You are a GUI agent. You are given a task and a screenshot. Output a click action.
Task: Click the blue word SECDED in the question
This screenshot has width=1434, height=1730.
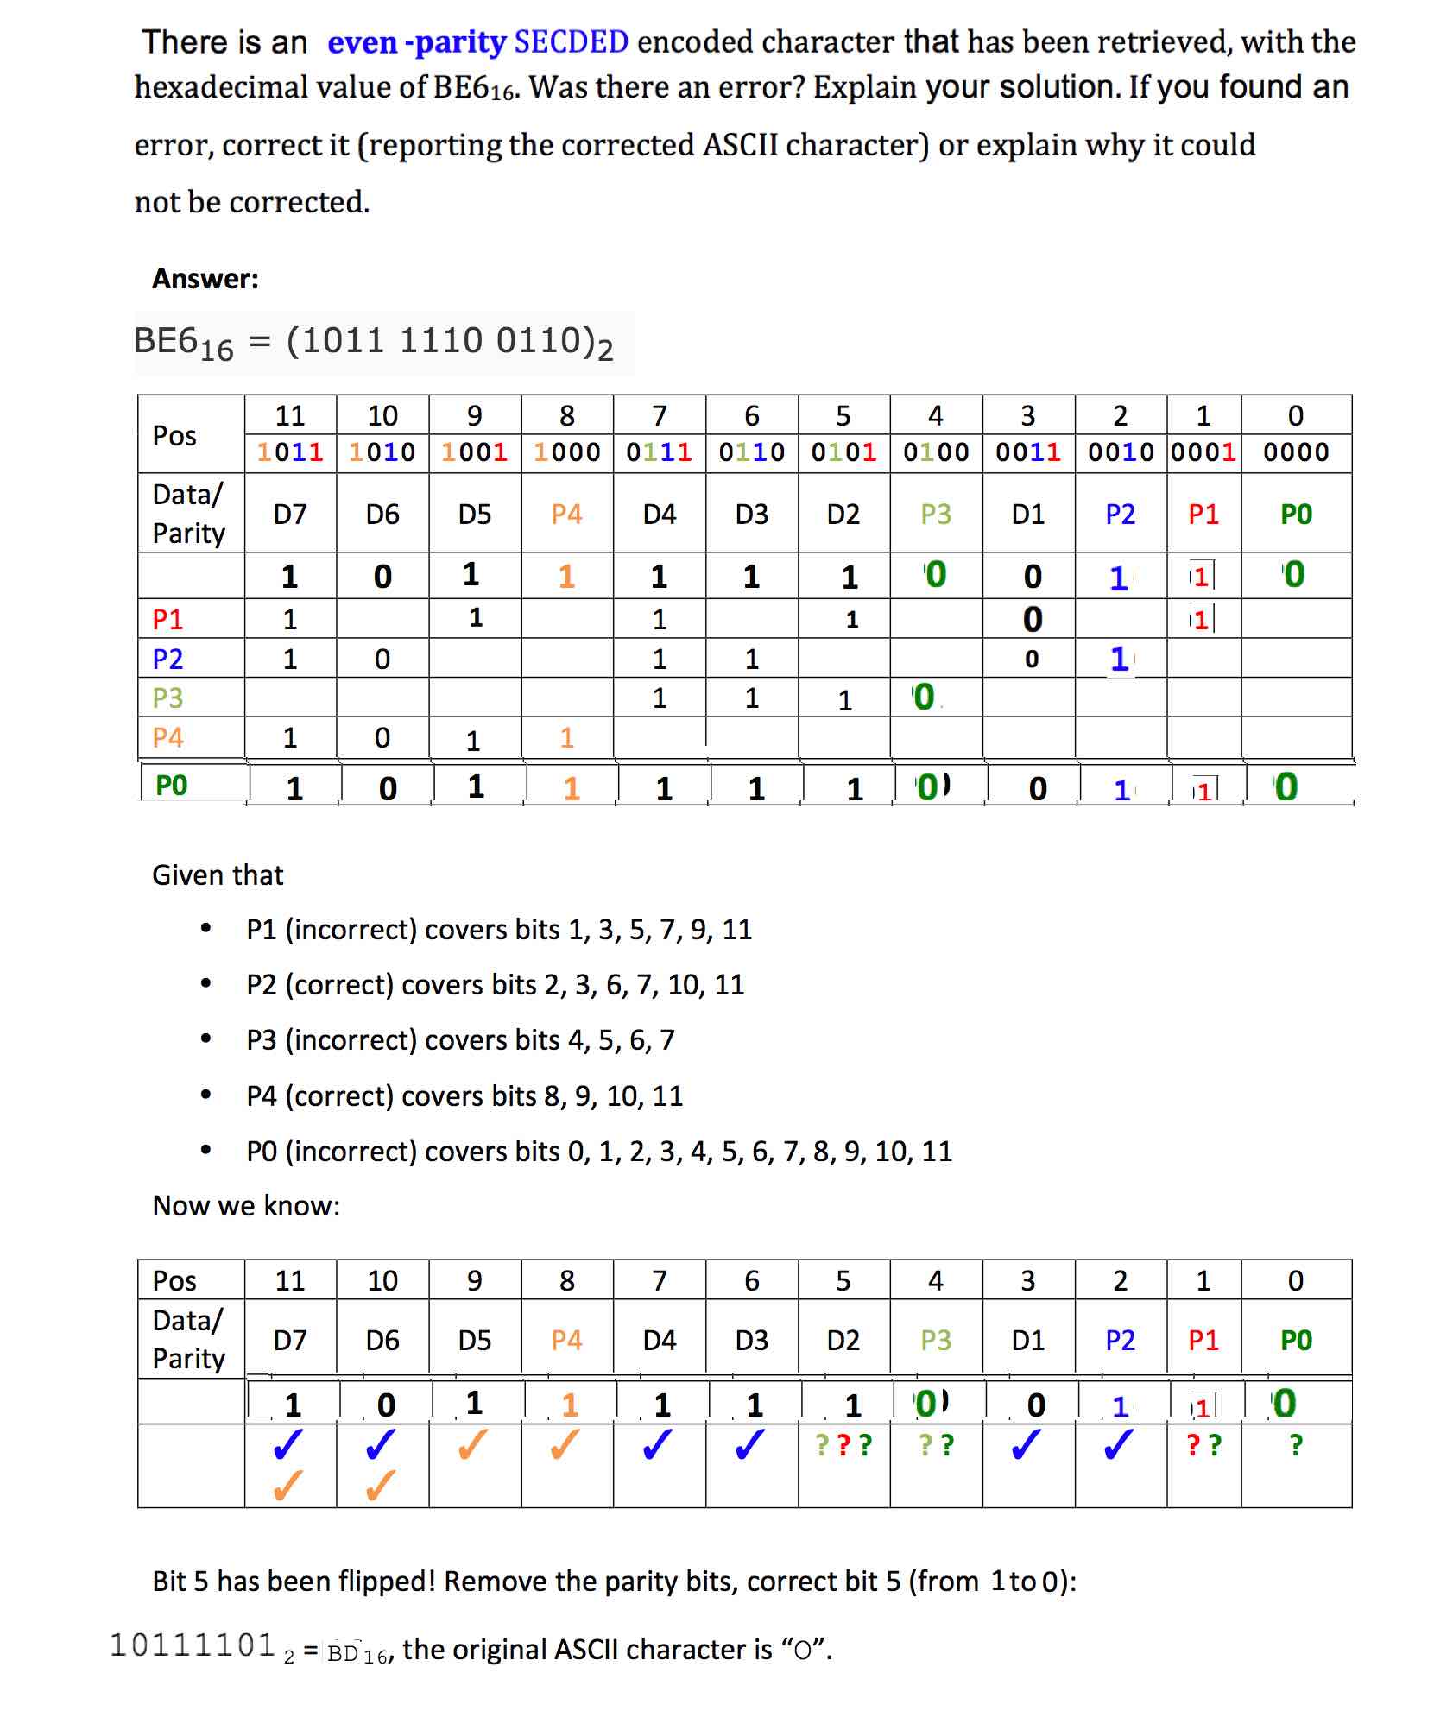pyautogui.click(x=571, y=41)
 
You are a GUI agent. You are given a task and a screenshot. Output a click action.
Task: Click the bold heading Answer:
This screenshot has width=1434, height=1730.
pyautogui.click(x=205, y=278)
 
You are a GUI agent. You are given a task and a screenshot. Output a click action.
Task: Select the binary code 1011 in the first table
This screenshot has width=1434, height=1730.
pyautogui.click(x=290, y=451)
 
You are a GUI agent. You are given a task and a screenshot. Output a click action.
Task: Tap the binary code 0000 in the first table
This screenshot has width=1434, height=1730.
pyautogui.click(x=1295, y=451)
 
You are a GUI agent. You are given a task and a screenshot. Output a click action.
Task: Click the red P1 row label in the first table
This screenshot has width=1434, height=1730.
pyautogui.click(x=167, y=619)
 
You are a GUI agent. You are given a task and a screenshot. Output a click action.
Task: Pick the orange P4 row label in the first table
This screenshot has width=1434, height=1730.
pyautogui.click(x=167, y=737)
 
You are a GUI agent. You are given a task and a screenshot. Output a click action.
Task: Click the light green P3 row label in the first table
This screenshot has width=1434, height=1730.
pyautogui.click(x=167, y=698)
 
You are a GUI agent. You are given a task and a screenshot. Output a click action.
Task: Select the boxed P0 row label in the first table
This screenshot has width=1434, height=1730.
pyautogui.click(x=171, y=785)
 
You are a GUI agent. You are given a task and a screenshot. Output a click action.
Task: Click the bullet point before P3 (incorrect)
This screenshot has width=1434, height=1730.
pyautogui.click(x=205, y=1039)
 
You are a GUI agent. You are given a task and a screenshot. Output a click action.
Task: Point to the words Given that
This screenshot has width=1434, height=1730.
pyautogui.click(x=218, y=874)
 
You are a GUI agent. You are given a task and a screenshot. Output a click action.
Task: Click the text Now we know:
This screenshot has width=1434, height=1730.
pyautogui.click(x=246, y=1205)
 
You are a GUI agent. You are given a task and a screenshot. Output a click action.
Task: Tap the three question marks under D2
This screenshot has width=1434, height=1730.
pyautogui.click(x=843, y=1444)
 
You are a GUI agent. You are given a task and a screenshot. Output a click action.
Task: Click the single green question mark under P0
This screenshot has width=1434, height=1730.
pyautogui.click(x=1295, y=1444)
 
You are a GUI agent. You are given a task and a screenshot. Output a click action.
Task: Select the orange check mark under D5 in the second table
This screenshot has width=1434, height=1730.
pyautogui.click(x=474, y=1444)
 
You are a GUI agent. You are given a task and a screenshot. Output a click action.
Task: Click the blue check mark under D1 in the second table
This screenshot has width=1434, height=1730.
pyautogui.click(x=1027, y=1444)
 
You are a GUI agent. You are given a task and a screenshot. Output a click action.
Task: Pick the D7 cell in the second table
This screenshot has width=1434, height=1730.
pyautogui.click(x=290, y=1340)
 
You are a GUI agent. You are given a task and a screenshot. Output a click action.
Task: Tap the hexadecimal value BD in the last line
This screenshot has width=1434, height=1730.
pyautogui.click(x=343, y=1653)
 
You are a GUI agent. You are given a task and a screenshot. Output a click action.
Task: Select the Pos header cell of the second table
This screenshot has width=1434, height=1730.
pyautogui.click(x=174, y=1280)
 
